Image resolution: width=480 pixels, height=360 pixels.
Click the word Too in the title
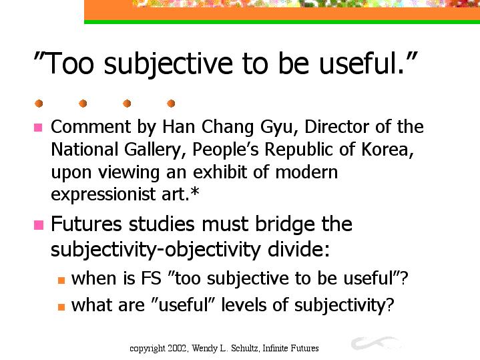pos(70,63)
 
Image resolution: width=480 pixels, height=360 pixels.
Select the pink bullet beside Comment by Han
pos(38,128)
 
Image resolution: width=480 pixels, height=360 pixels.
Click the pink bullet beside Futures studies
pos(39,225)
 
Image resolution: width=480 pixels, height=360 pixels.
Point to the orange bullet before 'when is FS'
pos(61,280)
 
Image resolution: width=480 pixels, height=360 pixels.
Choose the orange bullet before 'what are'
pos(61,307)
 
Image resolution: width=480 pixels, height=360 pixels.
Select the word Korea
pos(385,149)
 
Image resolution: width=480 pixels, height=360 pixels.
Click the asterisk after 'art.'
pos(195,192)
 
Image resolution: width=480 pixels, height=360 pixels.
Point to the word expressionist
pos(103,194)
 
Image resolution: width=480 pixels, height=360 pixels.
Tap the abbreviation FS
pos(151,279)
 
